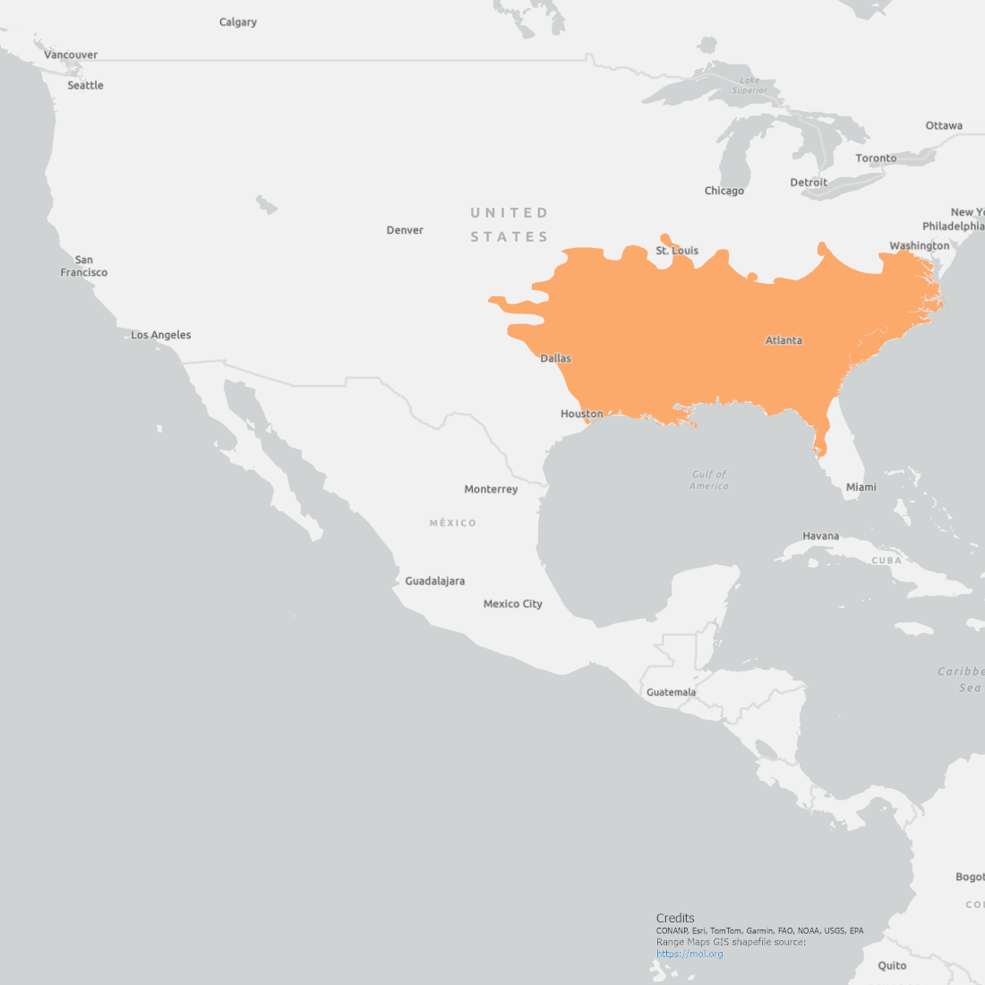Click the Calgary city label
238,22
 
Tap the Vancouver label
71,55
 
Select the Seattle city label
85,85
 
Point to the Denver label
405,230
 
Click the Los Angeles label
161,335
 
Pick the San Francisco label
83,266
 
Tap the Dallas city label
555,358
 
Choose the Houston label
581,414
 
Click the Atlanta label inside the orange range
784,340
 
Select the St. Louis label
677,251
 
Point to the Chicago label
724,191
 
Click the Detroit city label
809,183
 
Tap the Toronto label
876,158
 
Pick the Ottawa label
944,125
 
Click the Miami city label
861,487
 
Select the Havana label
820,536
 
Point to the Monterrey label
491,489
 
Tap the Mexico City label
512,604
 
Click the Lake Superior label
749,85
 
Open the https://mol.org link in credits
689,954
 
